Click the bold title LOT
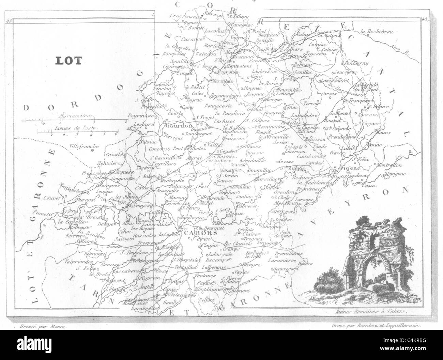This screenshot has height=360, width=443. point(68,61)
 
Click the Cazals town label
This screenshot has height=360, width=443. point(113,154)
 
